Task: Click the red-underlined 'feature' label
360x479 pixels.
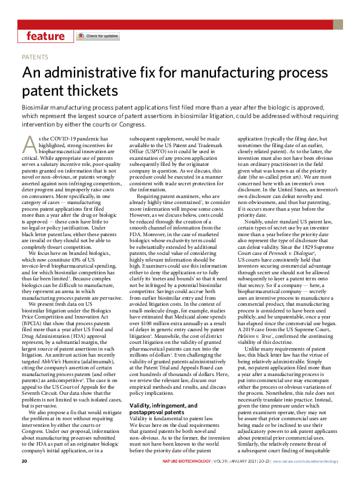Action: (45, 36)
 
